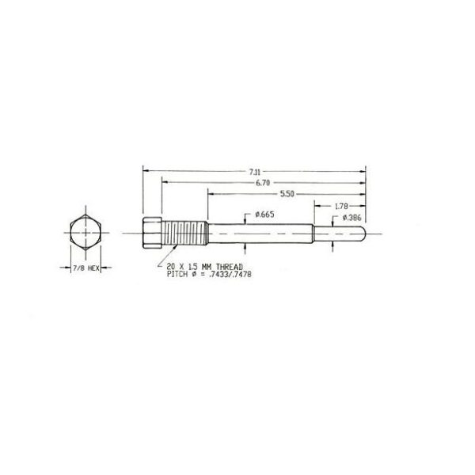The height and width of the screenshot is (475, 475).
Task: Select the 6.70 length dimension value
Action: pyautogui.click(x=261, y=183)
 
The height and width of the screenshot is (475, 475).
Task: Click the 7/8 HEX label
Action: pyautogui.click(x=84, y=268)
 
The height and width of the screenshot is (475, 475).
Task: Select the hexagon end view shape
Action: pyautogui.click(x=83, y=234)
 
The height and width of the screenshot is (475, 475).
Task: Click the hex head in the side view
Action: pyautogui.click(x=152, y=234)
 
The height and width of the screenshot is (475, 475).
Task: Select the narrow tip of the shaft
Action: pyautogui.click(x=340, y=234)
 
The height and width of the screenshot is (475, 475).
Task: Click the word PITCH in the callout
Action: pyautogui.click(x=177, y=275)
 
